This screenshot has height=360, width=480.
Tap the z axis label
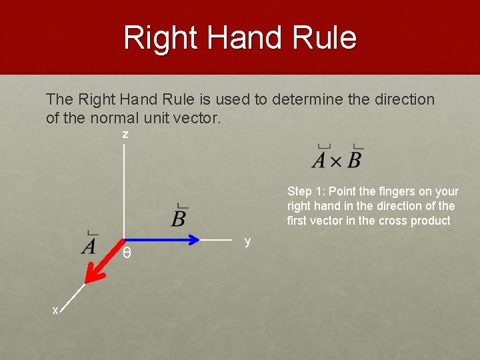(125, 135)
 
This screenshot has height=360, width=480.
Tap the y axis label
(247, 241)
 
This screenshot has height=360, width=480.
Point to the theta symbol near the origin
(127, 254)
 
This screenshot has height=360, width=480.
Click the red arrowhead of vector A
(93, 273)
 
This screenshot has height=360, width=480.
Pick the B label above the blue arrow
(179, 217)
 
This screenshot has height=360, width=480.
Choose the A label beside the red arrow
(89, 245)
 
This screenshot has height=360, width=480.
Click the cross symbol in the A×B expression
(337, 161)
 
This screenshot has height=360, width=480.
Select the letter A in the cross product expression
(320, 160)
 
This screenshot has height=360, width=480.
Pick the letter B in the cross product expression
(355, 160)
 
